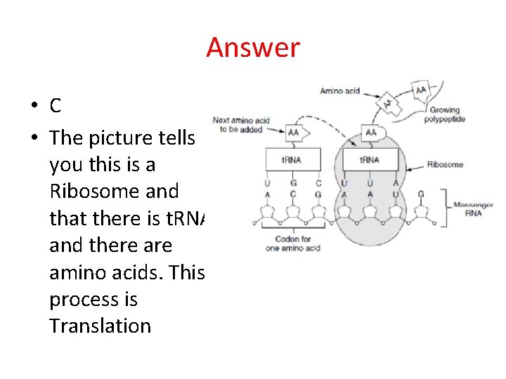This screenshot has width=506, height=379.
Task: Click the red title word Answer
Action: click(253, 48)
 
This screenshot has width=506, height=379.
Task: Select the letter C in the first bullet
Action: click(56, 106)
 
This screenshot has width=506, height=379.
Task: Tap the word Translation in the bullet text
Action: click(100, 326)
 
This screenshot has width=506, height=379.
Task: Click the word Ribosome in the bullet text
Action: click(115, 191)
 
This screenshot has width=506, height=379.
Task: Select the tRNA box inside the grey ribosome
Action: click(370, 159)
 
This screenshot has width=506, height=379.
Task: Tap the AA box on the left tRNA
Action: click(292, 133)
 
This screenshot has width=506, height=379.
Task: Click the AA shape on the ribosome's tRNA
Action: click(370, 133)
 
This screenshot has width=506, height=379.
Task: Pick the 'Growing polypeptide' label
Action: click(444, 114)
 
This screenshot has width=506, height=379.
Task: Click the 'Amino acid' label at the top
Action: click(340, 91)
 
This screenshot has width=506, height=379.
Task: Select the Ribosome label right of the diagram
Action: click(445, 165)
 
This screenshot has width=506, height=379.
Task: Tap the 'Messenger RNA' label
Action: click(473, 208)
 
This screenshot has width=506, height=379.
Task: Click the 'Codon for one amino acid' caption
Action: click(293, 244)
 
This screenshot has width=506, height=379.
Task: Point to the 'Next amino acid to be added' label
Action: click(241, 125)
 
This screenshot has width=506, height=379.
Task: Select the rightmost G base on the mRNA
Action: click(420, 194)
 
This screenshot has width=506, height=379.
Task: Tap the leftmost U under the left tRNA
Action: click(267, 183)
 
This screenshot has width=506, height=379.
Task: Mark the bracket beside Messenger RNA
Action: click(443, 207)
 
